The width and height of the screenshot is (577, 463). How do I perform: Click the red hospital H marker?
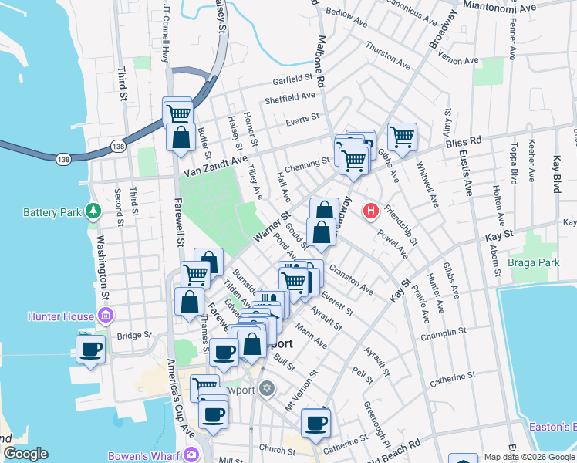(371, 210)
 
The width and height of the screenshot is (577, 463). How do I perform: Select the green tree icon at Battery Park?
(93, 210)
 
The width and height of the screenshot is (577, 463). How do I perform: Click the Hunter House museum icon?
(106, 316)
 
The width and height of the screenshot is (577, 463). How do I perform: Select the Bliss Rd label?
(463, 143)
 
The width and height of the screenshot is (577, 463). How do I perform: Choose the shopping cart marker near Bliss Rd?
(402, 137)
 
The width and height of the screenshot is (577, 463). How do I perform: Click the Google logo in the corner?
(26, 453)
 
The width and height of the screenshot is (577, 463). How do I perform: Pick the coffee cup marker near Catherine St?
(316, 423)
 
